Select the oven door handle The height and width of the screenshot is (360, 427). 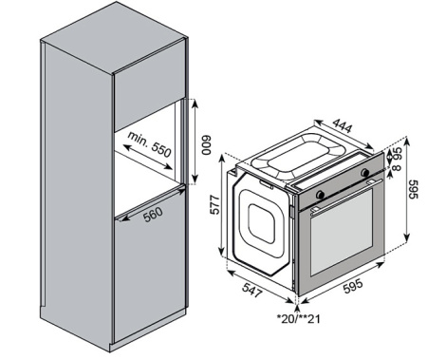tap(342, 196)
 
